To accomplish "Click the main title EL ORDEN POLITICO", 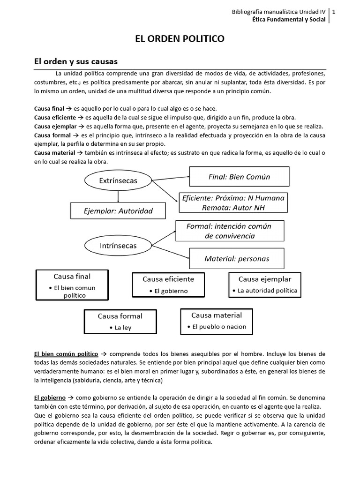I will click(180, 39).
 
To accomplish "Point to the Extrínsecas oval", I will click(112, 180).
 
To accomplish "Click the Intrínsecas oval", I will click(111, 246).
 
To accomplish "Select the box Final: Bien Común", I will click(239, 177).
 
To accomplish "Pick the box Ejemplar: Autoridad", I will click(118, 210).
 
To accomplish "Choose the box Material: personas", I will click(237, 258).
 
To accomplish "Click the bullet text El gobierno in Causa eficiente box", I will click(171, 291).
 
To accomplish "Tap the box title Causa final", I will click(72, 277).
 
